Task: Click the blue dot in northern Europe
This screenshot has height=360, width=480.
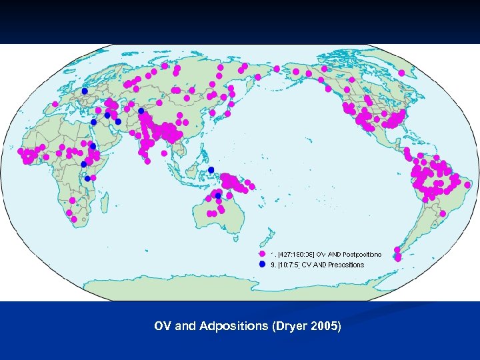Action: coord(85,91)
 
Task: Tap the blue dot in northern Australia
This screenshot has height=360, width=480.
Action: coord(218,195)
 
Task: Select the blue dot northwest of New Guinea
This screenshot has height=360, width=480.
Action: coord(211,170)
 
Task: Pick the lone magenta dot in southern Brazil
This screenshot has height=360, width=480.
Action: coord(441,213)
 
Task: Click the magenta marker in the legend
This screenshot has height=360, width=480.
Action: coord(263,254)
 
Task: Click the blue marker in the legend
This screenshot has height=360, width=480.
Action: coord(263,265)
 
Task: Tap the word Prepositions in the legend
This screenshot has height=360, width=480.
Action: coord(346,265)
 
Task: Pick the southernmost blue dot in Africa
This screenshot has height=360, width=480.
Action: coord(87,179)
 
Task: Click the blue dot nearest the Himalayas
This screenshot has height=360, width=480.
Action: coord(141,111)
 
